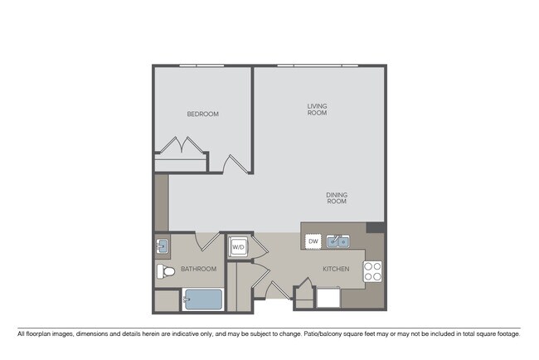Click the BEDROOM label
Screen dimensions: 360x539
(202, 114)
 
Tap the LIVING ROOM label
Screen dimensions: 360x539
(317, 109)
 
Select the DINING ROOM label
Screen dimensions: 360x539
(336, 198)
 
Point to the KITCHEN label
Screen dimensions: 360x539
(336, 269)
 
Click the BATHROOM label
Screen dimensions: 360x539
(199, 269)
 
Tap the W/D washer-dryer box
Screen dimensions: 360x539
(238, 246)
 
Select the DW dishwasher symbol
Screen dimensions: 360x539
(313, 241)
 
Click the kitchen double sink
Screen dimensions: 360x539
(337, 242)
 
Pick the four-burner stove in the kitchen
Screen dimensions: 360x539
(373, 270)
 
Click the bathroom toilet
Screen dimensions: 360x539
(164, 271)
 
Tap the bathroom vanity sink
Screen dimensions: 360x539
(163, 246)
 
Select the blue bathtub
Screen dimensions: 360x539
(202, 299)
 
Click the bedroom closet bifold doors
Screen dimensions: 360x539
(182, 148)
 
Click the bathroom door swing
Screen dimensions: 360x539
(206, 241)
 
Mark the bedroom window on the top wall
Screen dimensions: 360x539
(202, 66)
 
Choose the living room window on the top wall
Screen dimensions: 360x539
(318, 66)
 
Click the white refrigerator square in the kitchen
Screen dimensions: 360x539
(328, 298)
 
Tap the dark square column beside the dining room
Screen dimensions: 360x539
(375, 227)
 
